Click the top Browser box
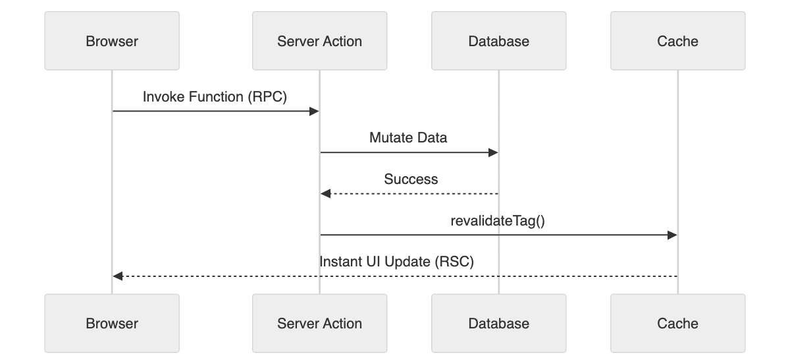(112, 42)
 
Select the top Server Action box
(319, 42)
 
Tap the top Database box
(498, 42)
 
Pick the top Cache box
(677, 42)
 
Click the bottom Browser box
(112, 323)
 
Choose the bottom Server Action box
(319, 323)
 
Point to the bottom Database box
(498, 323)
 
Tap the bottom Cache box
(677, 323)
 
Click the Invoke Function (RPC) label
(215, 97)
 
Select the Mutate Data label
(409, 138)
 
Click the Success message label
(411, 179)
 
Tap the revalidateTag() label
(498, 220)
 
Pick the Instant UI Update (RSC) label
(396, 261)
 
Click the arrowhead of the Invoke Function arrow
(315, 111)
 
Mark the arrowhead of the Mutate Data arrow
(494, 152)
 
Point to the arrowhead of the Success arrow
(325, 194)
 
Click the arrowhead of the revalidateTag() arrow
(673, 235)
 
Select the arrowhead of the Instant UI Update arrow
(117, 276)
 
